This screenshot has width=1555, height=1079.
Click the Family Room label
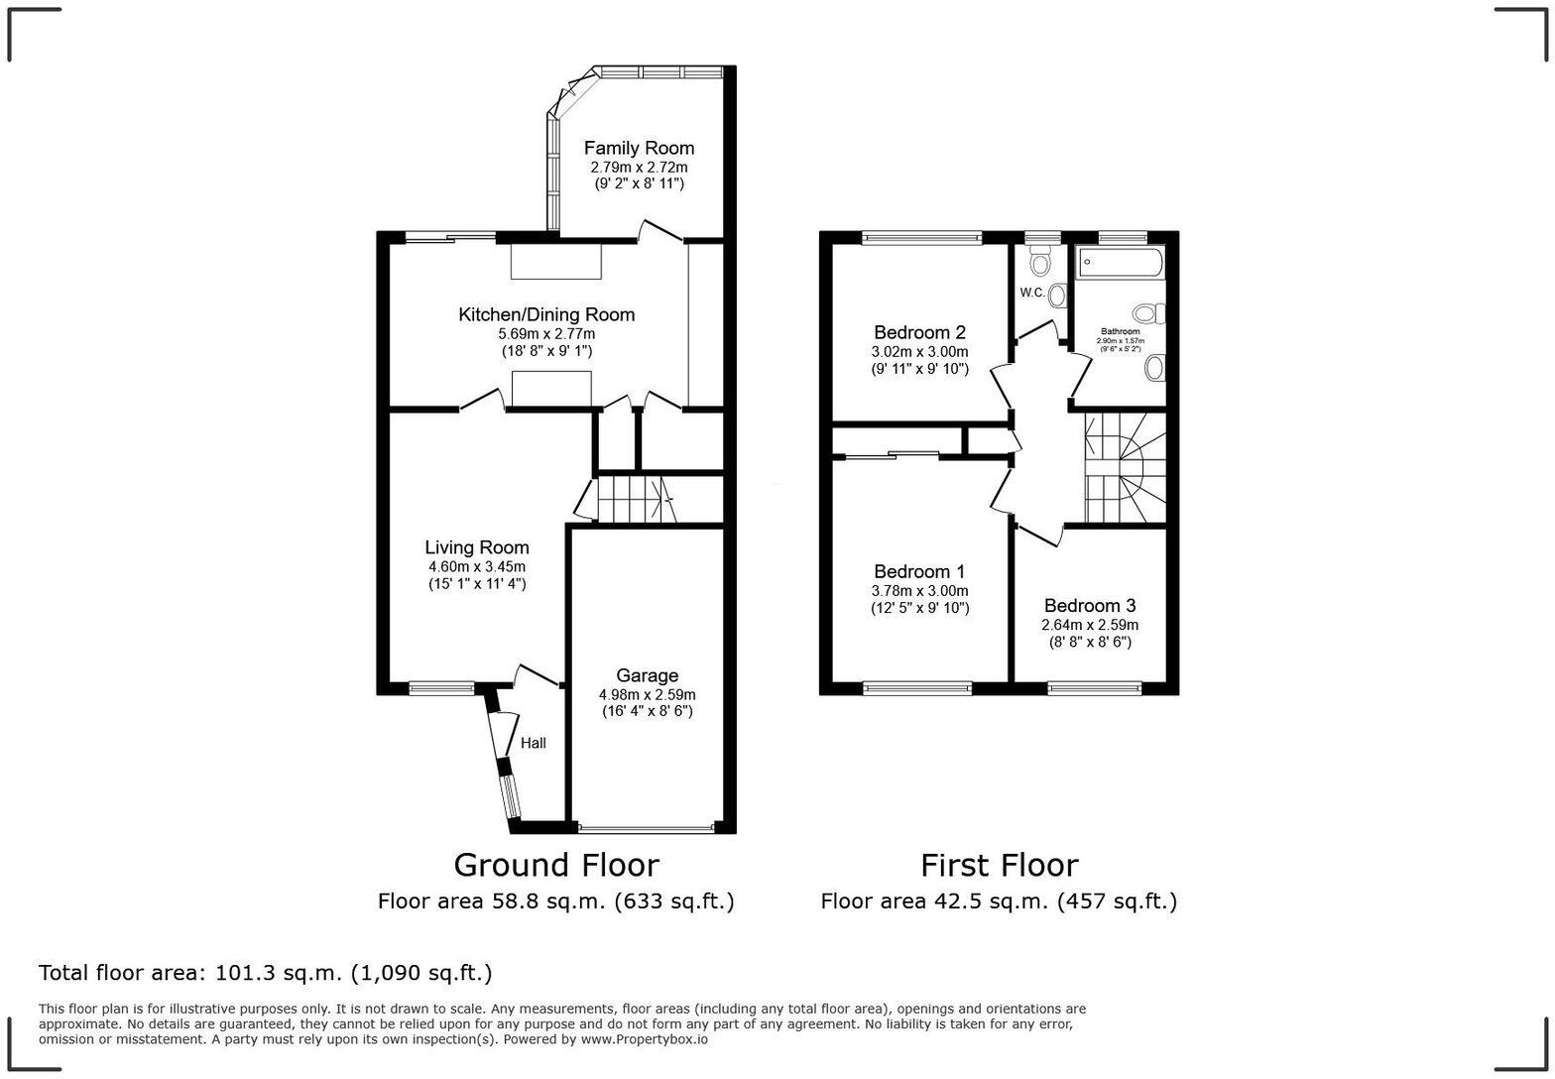pos(639,148)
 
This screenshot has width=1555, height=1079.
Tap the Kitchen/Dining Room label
pos(545,314)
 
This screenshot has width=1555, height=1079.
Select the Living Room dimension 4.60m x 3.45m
pos(476,566)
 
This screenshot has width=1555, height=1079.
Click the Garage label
pos(647,675)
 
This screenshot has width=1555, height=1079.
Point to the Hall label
pos(534,743)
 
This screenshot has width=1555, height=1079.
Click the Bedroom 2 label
pos(919,332)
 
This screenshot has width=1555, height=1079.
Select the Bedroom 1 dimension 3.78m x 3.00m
pos(919,590)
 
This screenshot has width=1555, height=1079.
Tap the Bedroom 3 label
pos(1089,605)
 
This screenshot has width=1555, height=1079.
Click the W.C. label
pos(1031,293)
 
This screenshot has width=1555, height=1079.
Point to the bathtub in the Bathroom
pos(1121,263)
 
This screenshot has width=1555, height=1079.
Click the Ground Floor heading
pos(555,865)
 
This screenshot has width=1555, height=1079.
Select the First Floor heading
pos(999,865)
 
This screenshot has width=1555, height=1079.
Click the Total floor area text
pos(265,973)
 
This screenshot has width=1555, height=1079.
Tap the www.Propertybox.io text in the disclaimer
pos(644,1039)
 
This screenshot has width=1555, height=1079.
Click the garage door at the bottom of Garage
pos(646,827)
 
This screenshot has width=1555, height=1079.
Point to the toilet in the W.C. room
pos(1039,263)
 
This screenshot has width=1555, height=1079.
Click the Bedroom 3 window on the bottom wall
pos(1095,685)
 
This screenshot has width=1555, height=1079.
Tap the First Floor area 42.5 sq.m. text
pos(999,901)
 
